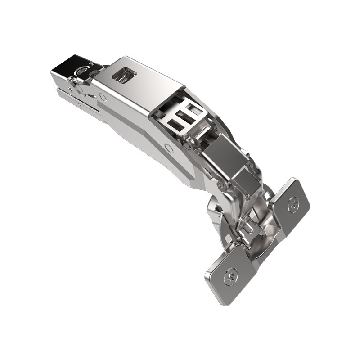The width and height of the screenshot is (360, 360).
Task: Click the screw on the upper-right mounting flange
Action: [x=293, y=203]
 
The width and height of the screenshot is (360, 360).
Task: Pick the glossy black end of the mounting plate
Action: [x=67, y=65]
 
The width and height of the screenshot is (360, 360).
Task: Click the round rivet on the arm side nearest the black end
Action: [x=103, y=96]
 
